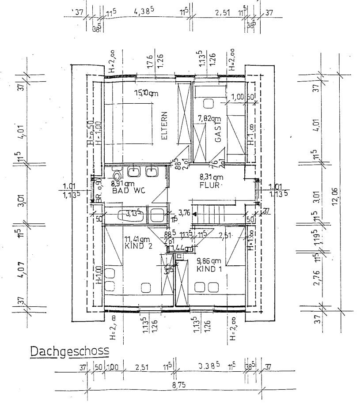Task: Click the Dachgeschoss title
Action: [69, 351]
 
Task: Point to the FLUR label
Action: [209, 185]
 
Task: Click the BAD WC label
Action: [128, 191]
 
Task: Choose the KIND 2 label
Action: [139, 246]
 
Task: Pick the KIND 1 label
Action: [208, 269]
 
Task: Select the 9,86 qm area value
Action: [208, 261]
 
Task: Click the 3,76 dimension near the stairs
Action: [184, 213]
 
